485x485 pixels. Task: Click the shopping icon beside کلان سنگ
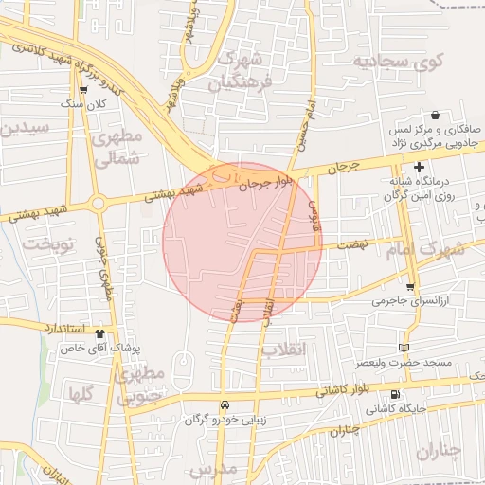84,91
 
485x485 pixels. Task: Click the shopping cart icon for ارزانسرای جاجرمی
409,287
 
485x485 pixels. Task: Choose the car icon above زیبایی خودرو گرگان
225,404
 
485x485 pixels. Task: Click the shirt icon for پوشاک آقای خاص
101,333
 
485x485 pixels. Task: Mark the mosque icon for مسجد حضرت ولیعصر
406,348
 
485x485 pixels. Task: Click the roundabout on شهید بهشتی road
98,202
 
